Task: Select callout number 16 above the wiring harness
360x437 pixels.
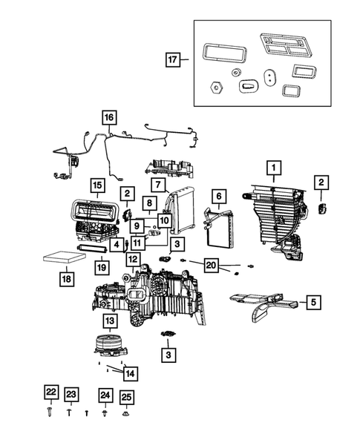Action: [x=109, y=117]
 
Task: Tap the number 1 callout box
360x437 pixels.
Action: [x=273, y=168]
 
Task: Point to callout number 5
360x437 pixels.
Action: [x=312, y=302]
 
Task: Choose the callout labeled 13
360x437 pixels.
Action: [x=109, y=321]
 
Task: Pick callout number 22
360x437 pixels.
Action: [x=50, y=393]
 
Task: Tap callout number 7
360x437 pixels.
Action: [x=158, y=183]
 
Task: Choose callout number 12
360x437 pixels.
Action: [x=133, y=260]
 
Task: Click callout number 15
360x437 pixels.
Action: [x=97, y=184]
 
